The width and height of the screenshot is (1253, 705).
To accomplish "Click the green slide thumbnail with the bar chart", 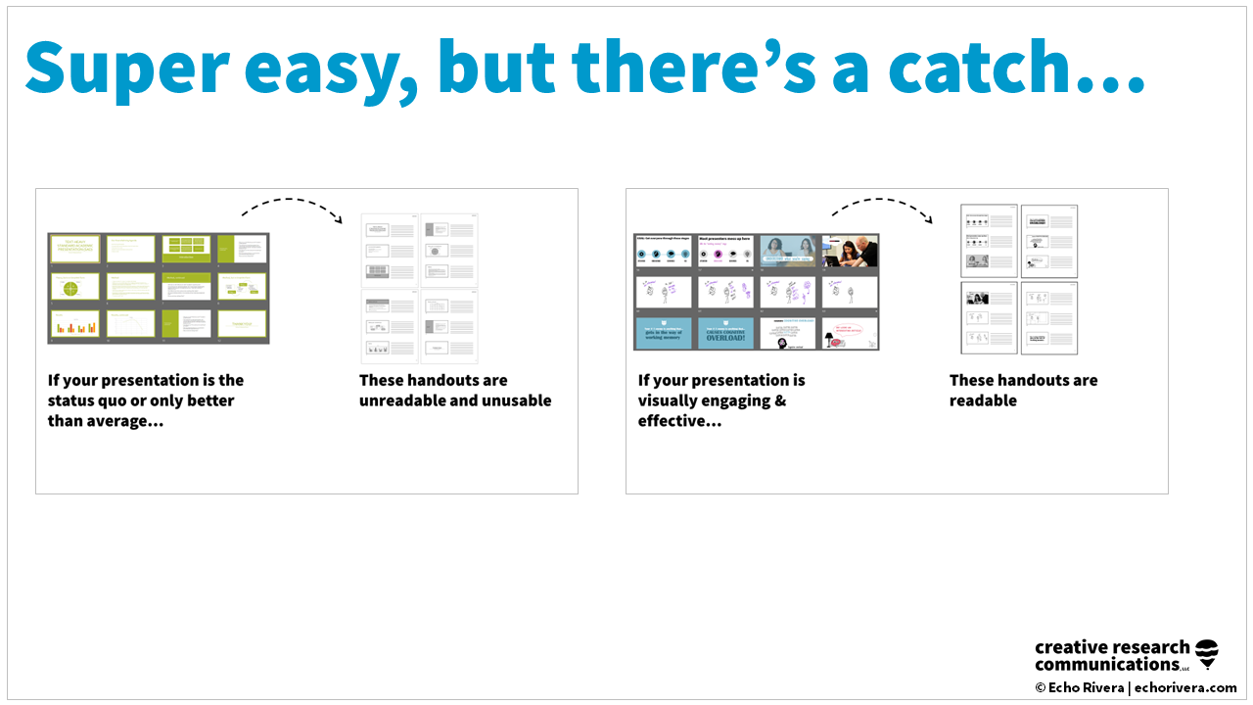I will [x=75, y=324].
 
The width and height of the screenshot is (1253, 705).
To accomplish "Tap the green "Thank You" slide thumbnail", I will [x=242, y=324].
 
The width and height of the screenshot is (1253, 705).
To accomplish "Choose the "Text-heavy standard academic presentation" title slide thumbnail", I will [x=75, y=249].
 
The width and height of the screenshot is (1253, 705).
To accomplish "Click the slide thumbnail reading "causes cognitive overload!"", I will [x=726, y=333].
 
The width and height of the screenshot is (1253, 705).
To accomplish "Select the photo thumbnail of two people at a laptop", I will [x=849, y=252].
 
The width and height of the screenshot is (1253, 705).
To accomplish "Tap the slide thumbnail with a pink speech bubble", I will [x=849, y=333].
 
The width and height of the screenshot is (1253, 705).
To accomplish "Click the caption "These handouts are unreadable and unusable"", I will [x=455, y=390].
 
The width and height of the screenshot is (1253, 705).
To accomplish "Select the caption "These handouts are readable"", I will [x=1023, y=390].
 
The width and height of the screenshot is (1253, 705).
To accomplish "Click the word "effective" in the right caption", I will [x=672, y=421].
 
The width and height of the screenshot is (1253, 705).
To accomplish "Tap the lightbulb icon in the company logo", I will [x=1208, y=654].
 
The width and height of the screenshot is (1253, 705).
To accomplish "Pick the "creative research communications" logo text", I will [x=1112, y=656].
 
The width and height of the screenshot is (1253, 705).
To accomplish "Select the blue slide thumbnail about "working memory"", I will [x=665, y=333].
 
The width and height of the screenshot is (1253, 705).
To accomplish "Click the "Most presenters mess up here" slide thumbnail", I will [x=726, y=252].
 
